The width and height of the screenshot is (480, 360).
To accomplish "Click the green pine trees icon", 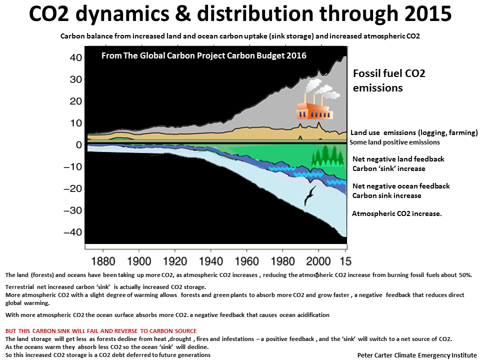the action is pyautogui.click(x=327, y=155).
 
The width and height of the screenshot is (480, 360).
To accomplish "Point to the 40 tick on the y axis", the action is pyautogui.click(x=76, y=57).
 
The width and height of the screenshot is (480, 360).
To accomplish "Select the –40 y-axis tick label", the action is pyautogui.click(x=73, y=232).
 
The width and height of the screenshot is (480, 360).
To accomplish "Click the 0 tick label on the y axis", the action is pyautogui.click(x=79, y=145).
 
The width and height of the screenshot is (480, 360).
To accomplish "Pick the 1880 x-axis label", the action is pyautogui.click(x=103, y=261).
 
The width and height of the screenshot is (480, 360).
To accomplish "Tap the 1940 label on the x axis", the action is pyautogui.click(x=211, y=261).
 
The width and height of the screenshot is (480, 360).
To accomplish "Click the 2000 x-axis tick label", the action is pyautogui.click(x=318, y=261).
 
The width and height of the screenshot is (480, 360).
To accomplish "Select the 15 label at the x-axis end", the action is pyautogui.click(x=345, y=261).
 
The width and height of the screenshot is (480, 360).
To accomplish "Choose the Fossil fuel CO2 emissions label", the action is pyautogui.click(x=389, y=80).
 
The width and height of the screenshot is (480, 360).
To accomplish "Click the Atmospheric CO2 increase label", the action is pyautogui.click(x=396, y=213).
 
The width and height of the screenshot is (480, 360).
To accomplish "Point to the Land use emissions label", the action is pyautogui.click(x=414, y=132).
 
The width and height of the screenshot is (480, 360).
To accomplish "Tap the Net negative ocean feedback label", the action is pyautogui.click(x=401, y=190).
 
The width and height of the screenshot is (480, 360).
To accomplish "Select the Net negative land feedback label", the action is pyautogui.click(x=398, y=164).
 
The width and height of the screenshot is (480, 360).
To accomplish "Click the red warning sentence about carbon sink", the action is pyautogui.click(x=101, y=331).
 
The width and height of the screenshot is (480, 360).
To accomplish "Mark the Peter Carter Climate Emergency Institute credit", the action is pyautogui.click(x=417, y=355).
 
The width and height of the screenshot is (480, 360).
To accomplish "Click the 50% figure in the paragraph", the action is pyautogui.click(x=465, y=275).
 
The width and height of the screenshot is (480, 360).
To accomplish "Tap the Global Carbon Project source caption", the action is pyautogui.click(x=204, y=55).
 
